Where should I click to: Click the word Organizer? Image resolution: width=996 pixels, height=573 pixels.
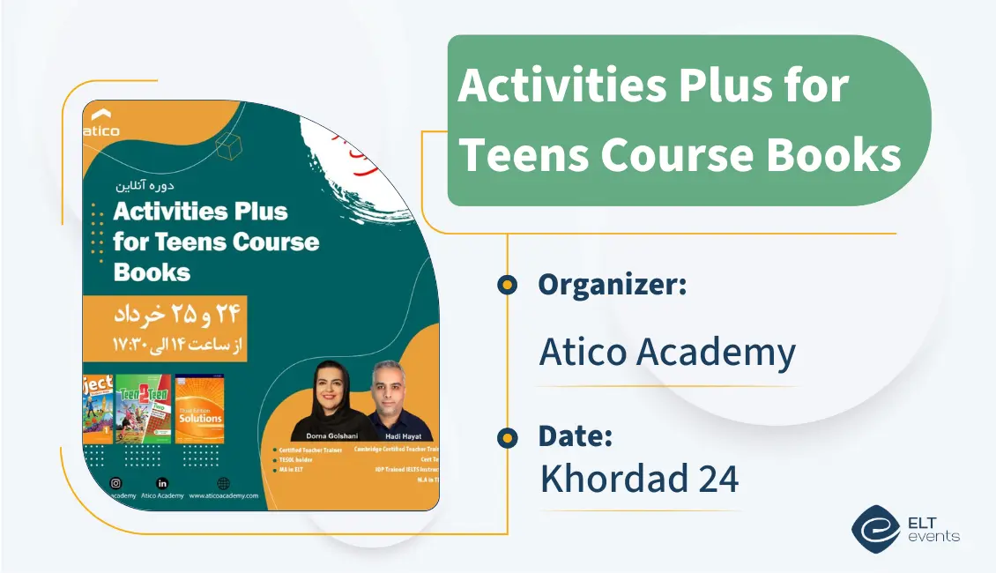click(612, 285)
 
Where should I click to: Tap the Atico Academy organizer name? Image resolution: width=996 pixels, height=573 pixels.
click(667, 353)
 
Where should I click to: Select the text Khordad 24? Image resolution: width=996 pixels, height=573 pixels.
click(639, 479)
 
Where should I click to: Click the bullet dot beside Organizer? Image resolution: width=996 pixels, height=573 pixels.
click(507, 285)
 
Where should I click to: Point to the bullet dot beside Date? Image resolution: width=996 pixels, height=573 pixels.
click(507, 436)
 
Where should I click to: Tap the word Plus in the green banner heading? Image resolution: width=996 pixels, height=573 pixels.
click(713, 87)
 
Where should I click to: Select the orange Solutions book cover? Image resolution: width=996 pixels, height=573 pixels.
click(200, 409)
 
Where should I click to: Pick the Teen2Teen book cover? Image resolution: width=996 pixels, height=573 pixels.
click(144, 409)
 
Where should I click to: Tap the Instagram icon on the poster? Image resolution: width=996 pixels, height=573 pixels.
click(115, 482)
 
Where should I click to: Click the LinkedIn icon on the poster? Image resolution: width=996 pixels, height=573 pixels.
click(161, 482)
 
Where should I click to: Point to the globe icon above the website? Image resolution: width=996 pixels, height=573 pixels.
click(223, 482)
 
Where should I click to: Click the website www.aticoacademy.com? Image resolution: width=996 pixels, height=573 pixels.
click(223, 496)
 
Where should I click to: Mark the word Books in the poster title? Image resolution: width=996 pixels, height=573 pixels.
click(152, 272)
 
